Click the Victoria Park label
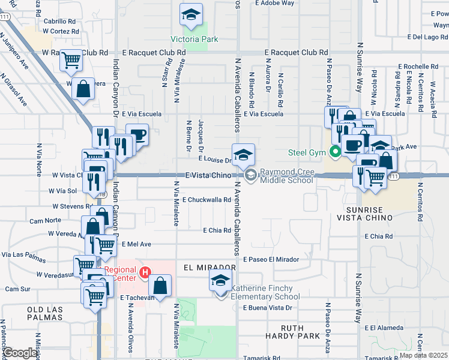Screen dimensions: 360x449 point(194,40)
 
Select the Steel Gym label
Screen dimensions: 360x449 point(307,152)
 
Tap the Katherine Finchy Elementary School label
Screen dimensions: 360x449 point(265,292)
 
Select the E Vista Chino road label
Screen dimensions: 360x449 point(208,175)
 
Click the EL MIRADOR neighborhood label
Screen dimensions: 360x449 point(209,267)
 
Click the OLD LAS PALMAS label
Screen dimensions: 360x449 point(44,313)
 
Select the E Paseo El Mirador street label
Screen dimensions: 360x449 point(271,259)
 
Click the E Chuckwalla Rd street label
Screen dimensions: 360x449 point(207,200)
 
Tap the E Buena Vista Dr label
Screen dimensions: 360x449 point(267,308)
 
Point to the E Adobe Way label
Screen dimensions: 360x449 point(274,3)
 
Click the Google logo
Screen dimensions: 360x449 point(20,353)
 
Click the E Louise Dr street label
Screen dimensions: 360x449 point(215,161)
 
